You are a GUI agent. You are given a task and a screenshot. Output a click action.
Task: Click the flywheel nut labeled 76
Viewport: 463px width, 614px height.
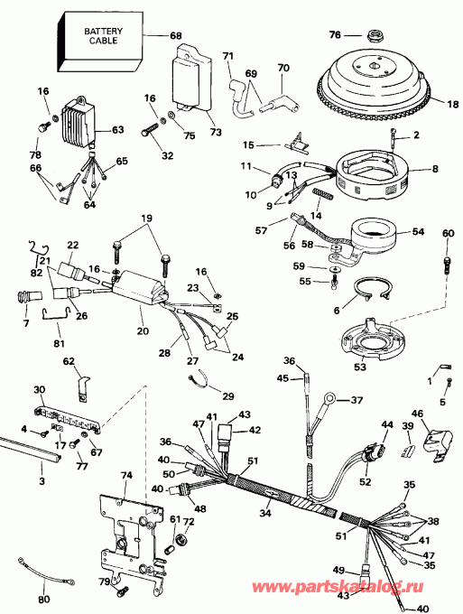pos(371,36)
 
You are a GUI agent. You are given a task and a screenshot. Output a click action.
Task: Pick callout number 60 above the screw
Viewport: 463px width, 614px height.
pos(449,234)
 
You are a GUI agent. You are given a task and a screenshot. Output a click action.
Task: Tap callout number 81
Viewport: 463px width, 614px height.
pos(60,342)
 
